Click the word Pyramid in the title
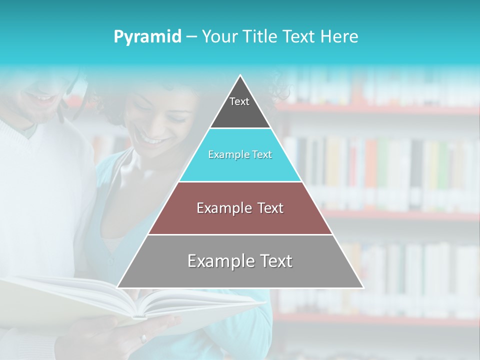click(x=147, y=37)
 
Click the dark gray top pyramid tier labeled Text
click(x=239, y=107)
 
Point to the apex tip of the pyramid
click(x=240, y=76)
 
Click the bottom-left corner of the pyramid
click(x=118, y=287)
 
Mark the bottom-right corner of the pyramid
click(x=363, y=287)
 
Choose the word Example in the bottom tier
click(x=220, y=261)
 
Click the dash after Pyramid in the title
click(x=191, y=37)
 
